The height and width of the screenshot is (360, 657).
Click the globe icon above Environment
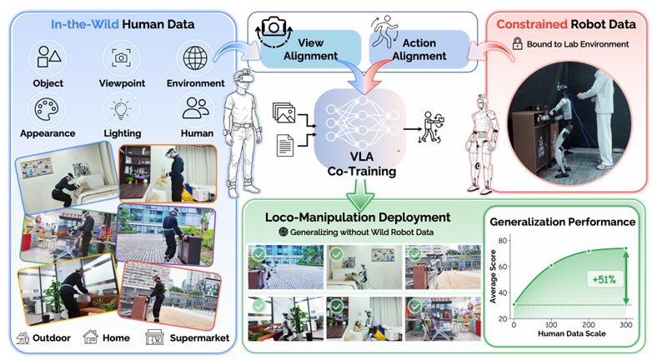pos(195,57)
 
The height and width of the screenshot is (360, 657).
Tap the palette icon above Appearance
pos(47,109)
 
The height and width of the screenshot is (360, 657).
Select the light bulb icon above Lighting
pos(122,109)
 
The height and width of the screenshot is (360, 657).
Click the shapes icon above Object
pos(48,57)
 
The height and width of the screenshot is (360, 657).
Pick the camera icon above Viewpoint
pos(121,57)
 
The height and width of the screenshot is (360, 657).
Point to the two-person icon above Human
pos(196,108)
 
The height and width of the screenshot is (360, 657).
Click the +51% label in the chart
pos(604,279)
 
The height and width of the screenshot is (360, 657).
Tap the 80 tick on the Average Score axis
pos(503,240)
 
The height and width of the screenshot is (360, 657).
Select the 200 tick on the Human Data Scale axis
pos(589,324)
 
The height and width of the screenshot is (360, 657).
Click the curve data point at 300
pos(626,248)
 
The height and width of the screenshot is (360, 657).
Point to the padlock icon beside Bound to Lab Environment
pos(518,43)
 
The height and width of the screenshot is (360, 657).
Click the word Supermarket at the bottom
pos(199,337)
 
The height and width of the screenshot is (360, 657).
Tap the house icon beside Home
pos(90,337)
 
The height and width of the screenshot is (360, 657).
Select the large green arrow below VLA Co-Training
pos(359,195)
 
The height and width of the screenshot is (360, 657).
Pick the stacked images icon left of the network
pos(283,112)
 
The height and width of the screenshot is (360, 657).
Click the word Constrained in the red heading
pos(532,24)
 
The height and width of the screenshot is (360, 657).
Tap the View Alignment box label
pos(310,49)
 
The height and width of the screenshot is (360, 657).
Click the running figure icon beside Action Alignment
pos(384,32)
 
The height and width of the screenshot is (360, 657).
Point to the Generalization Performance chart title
pos(562,222)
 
